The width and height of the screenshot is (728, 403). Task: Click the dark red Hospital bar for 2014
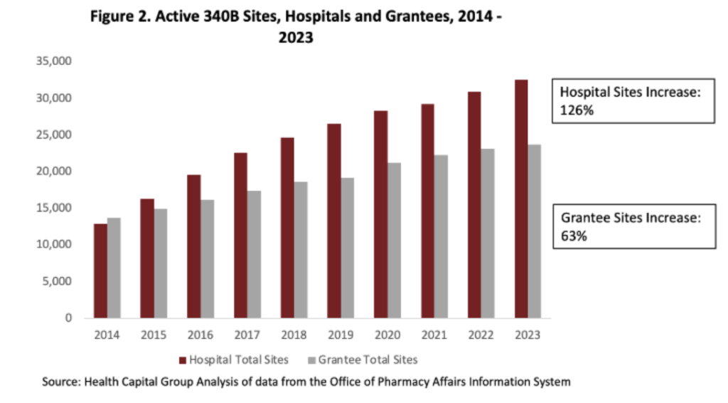(100, 271)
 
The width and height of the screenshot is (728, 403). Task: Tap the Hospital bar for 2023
(521, 199)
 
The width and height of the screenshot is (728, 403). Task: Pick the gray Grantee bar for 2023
(535, 231)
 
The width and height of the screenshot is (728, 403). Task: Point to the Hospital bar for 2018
(287, 227)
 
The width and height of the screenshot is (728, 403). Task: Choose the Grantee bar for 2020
(395, 240)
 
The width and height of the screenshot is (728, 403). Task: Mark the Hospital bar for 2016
(193, 246)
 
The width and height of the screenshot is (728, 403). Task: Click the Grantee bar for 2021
(441, 236)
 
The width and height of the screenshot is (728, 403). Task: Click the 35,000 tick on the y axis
(55, 61)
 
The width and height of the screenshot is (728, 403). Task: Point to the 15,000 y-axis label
(55, 208)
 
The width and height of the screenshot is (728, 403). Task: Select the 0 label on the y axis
(68, 318)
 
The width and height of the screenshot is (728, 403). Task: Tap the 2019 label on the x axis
(341, 335)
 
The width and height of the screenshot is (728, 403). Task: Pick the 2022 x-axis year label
(481, 335)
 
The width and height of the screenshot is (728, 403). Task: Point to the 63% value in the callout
(573, 236)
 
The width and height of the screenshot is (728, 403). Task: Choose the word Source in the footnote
(61, 382)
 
